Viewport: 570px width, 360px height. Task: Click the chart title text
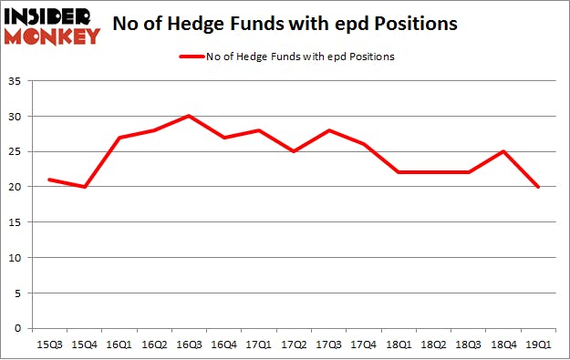pos(285,26)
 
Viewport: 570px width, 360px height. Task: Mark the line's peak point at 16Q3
pos(188,116)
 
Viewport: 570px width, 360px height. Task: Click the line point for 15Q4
pos(85,187)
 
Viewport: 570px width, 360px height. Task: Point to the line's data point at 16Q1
pos(119,138)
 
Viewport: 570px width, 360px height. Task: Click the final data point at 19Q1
pos(538,187)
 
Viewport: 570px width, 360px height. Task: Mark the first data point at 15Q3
pos(50,180)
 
